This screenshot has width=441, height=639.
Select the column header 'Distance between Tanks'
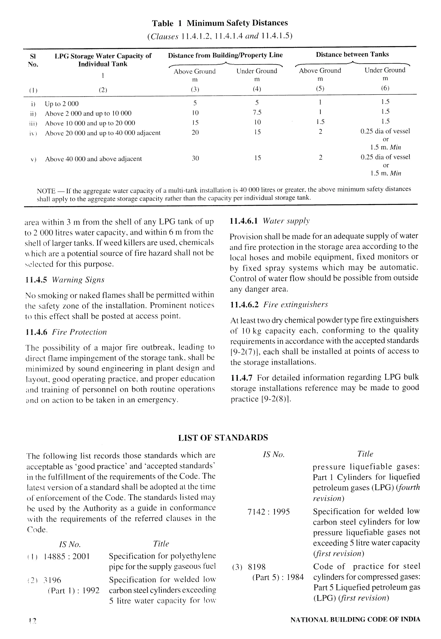coord(352,54)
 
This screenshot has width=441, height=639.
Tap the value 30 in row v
coord(195,158)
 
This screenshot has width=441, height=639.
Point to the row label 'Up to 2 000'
coord(62,104)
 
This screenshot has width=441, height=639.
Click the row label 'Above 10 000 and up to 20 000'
coord(90,123)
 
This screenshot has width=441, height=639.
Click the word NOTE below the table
coord(46,191)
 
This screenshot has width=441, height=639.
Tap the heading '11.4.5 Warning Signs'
coord(65,280)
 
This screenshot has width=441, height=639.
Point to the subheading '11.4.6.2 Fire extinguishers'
coord(279,305)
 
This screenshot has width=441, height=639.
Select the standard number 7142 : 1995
coord(269,512)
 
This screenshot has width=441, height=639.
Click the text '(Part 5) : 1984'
coord(278,577)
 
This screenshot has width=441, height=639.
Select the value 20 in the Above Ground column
coord(195,132)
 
